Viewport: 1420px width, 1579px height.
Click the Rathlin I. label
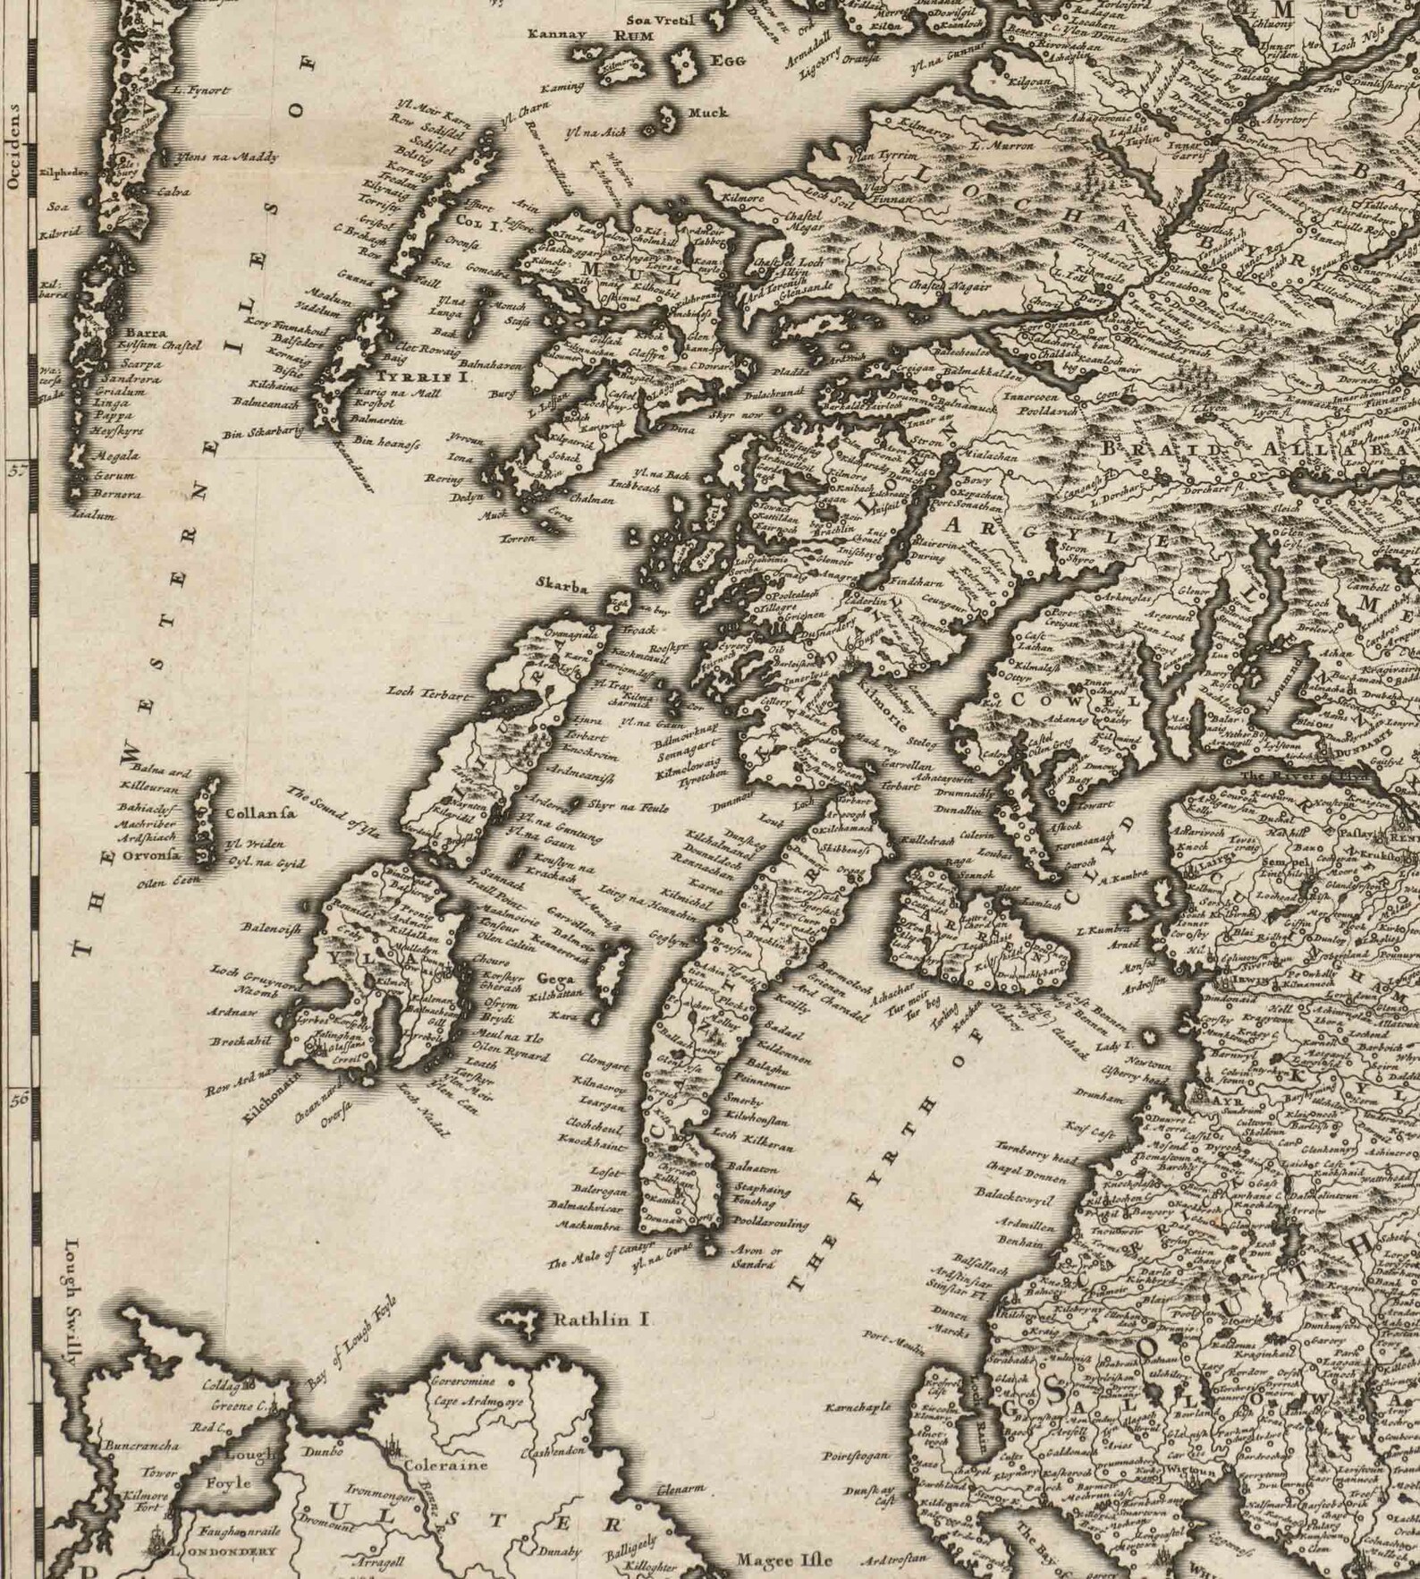(x=604, y=1319)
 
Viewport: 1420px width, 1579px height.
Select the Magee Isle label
(x=783, y=1560)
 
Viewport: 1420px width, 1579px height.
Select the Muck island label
(x=706, y=113)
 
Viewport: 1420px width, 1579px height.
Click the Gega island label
(x=554, y=979)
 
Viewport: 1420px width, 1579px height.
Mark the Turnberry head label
(x=1036, y=1148)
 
